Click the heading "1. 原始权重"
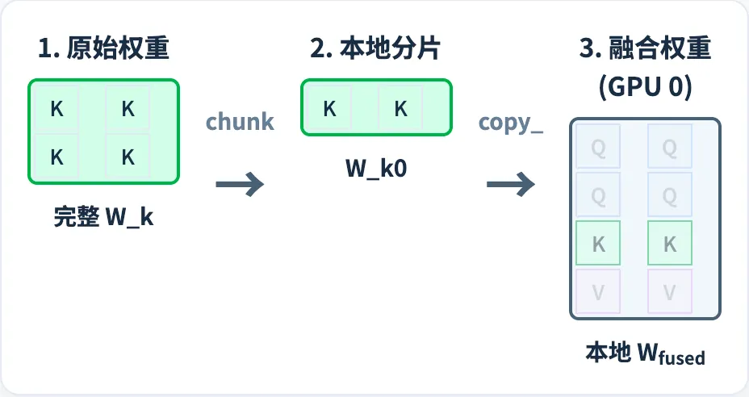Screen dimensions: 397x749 coord(103,49)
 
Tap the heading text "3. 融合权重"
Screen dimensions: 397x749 coord(645,49)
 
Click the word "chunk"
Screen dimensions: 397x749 coord(240,122)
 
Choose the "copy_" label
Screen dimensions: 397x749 coord(511,122)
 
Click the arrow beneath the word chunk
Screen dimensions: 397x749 coord(240,184)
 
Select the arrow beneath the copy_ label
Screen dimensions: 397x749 coord(511,184)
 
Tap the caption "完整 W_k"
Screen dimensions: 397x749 coord(103,218)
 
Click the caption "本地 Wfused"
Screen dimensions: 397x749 coord(645,354)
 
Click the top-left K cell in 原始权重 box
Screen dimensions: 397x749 coord(56,109)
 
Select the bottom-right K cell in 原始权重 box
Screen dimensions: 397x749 coord(128,157)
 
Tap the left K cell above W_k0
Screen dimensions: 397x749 coord(329,109)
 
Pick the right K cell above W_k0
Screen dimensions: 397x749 coord(401,109)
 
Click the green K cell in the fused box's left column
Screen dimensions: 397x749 coord(598,243)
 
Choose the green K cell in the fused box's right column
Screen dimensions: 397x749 coord(669,243)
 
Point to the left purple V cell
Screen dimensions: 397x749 coord(598,291)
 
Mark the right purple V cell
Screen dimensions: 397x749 coord(669,291)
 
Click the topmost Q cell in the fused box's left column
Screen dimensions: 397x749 coord(598,147)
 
